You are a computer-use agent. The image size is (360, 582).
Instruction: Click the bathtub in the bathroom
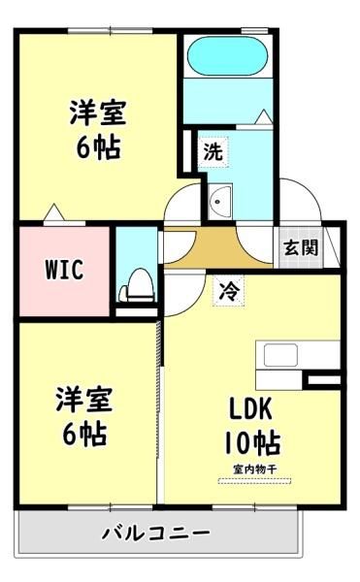point(228,56)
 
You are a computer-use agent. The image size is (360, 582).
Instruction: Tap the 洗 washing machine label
point(213,151)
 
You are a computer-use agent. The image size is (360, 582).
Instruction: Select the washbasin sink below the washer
point(219,202)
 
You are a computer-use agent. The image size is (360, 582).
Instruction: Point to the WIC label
point(64,270)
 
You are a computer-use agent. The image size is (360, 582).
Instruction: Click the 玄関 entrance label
point(302,247)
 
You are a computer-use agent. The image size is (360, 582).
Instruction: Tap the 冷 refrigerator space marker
point(228,291)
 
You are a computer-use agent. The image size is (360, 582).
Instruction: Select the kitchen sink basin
point(280,355)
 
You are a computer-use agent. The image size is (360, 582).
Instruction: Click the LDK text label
point(251,408)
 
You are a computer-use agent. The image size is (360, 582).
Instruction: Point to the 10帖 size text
point(252,442)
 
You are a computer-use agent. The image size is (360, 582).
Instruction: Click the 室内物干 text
point(254,469)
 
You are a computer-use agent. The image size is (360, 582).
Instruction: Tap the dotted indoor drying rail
point(254,481)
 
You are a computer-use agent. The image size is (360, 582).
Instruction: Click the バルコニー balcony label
point(156,533)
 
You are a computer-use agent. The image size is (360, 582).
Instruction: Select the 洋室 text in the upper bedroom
point(98,113)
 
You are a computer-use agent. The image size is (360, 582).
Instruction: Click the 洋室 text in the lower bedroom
point(84,400)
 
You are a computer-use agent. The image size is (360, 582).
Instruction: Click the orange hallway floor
point(217,248)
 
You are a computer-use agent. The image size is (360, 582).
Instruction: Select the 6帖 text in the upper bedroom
point(98,147)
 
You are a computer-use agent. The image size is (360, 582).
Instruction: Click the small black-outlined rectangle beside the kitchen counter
point(324,380)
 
